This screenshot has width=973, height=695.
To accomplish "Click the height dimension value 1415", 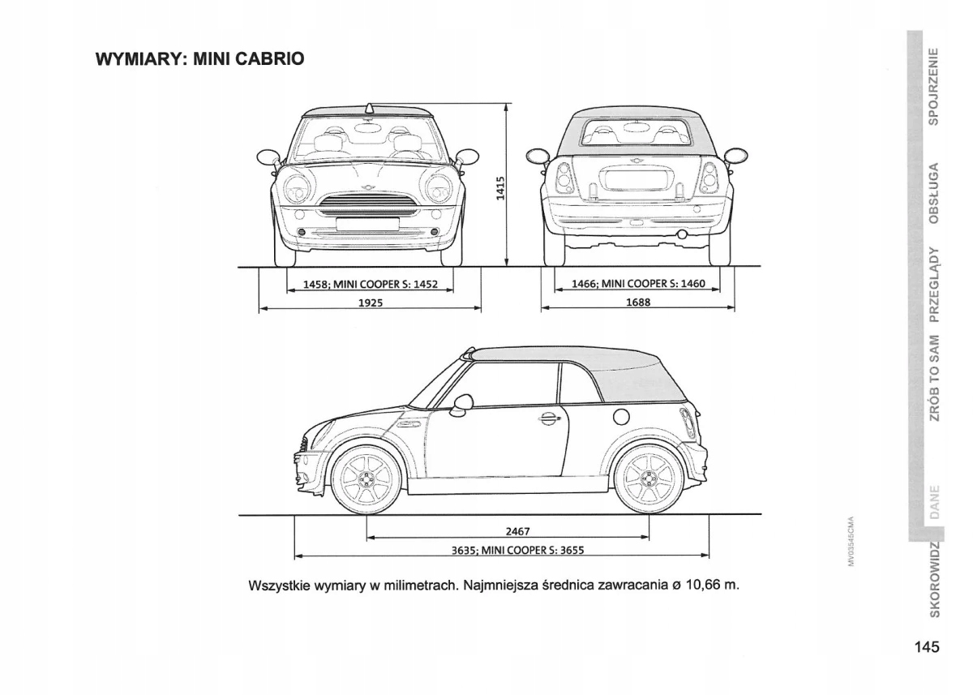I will (500, 188).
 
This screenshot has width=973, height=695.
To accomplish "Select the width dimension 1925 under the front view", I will (370, 302).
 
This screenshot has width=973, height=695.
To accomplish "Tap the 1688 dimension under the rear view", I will (638, 302).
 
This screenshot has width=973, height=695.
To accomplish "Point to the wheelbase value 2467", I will (517, 532).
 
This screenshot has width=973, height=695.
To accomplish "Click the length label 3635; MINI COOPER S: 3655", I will (517, 550).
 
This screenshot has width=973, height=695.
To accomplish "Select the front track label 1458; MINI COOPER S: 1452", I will (370, 285).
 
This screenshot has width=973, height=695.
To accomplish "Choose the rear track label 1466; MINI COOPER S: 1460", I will (639, 285).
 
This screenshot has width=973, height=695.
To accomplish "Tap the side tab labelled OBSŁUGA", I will (934, 193).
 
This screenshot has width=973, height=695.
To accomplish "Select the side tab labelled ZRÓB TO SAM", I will (934, 377).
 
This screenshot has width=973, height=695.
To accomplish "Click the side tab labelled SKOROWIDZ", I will (934, 579).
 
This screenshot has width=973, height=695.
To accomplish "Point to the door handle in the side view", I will (549, 418).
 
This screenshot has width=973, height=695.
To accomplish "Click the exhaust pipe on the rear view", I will (682, 235).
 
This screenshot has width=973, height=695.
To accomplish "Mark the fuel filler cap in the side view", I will (621, 417).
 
